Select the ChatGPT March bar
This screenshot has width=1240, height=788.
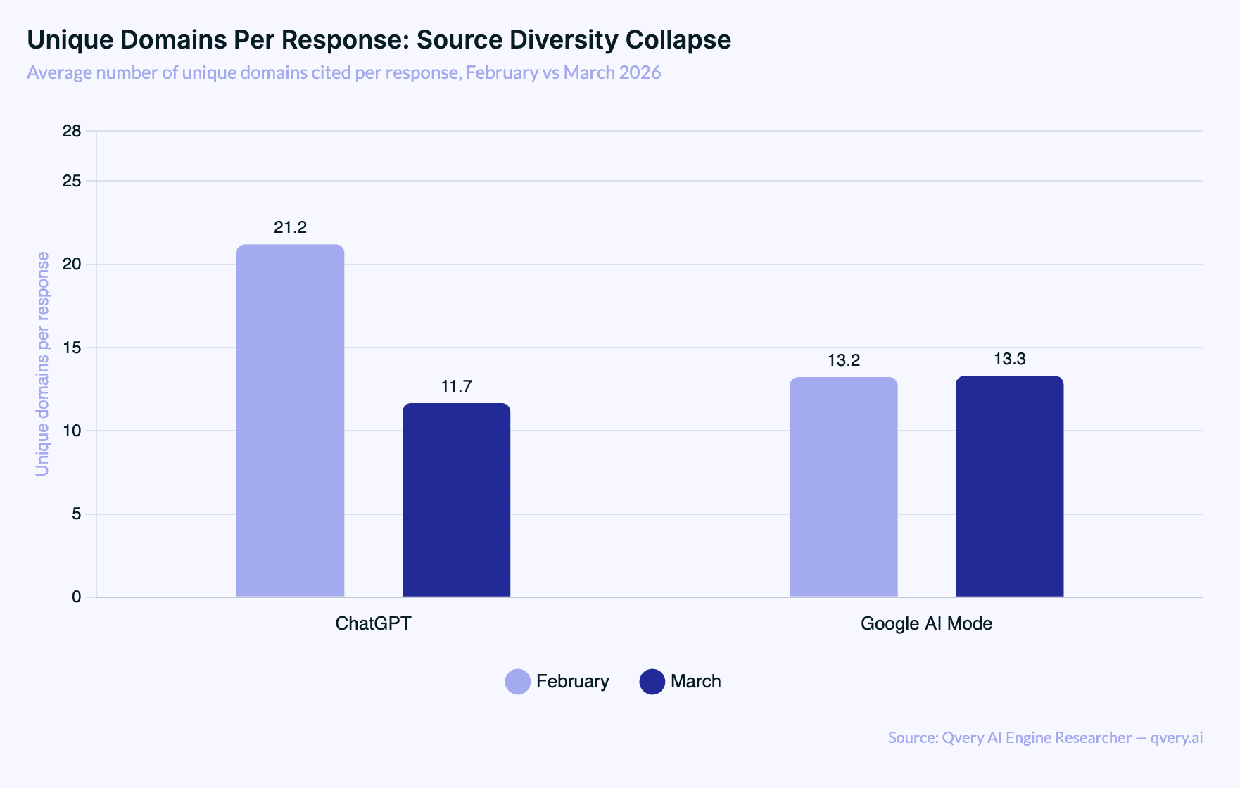pos(456,500)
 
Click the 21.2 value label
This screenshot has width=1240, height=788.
pos(290,227)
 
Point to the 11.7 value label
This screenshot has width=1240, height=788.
pos(456,386)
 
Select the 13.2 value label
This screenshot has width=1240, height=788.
pos(843,360)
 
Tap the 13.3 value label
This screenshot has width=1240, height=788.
pos(1009,359)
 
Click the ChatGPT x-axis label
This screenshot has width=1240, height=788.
pos(373,623)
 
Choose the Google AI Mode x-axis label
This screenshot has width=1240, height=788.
pos(926,623)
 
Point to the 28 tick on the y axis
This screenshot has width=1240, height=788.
pos(72,131)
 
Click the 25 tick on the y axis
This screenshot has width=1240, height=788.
pos(72,181)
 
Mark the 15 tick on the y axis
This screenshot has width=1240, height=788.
pos(72,348)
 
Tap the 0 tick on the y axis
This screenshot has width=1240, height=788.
pos(76,597)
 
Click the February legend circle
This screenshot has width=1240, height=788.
pos(517,682)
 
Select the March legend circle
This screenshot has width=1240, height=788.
pos(652,682)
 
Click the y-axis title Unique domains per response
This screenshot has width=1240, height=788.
pos(43,364)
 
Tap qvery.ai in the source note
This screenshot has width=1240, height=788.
pos(1176,737)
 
